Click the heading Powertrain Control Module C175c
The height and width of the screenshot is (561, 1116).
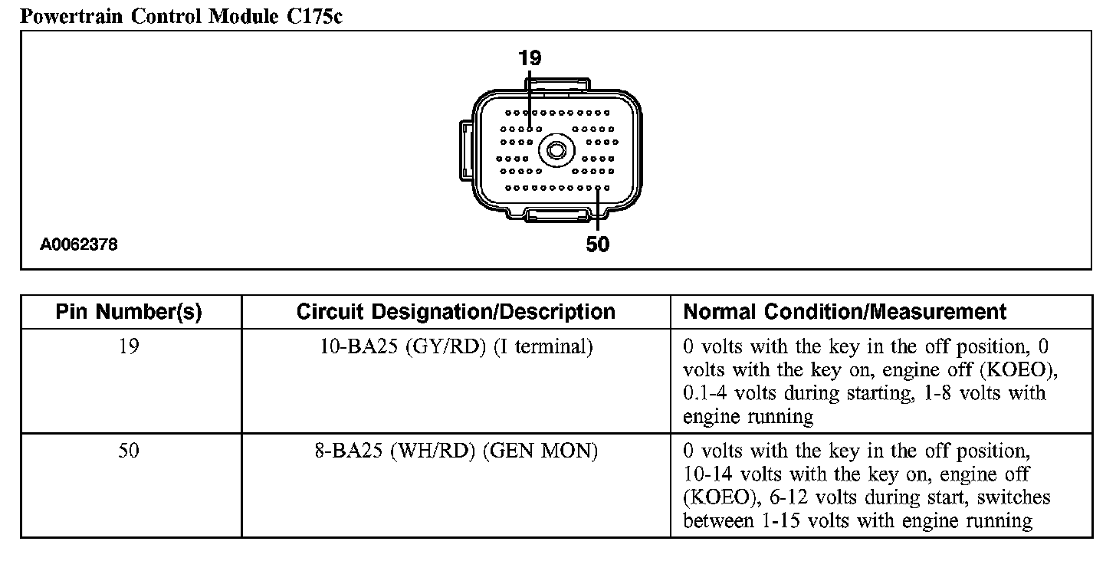180,16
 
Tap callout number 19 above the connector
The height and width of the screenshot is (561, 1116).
530,58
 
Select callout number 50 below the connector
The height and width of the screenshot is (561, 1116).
597,244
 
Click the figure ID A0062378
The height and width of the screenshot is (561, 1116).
79,245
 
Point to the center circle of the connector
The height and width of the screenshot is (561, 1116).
555,150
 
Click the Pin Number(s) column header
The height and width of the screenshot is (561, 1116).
129,312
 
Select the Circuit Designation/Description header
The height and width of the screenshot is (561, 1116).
455,312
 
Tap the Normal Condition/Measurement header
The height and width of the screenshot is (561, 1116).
844,312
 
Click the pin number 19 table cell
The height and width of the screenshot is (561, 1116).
129,347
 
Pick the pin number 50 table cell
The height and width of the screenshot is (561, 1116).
129,451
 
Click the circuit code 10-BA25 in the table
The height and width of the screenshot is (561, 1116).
358,347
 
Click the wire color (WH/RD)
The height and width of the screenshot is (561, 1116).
435,451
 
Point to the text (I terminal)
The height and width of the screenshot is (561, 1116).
543,347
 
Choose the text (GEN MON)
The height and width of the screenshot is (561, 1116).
540,451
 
